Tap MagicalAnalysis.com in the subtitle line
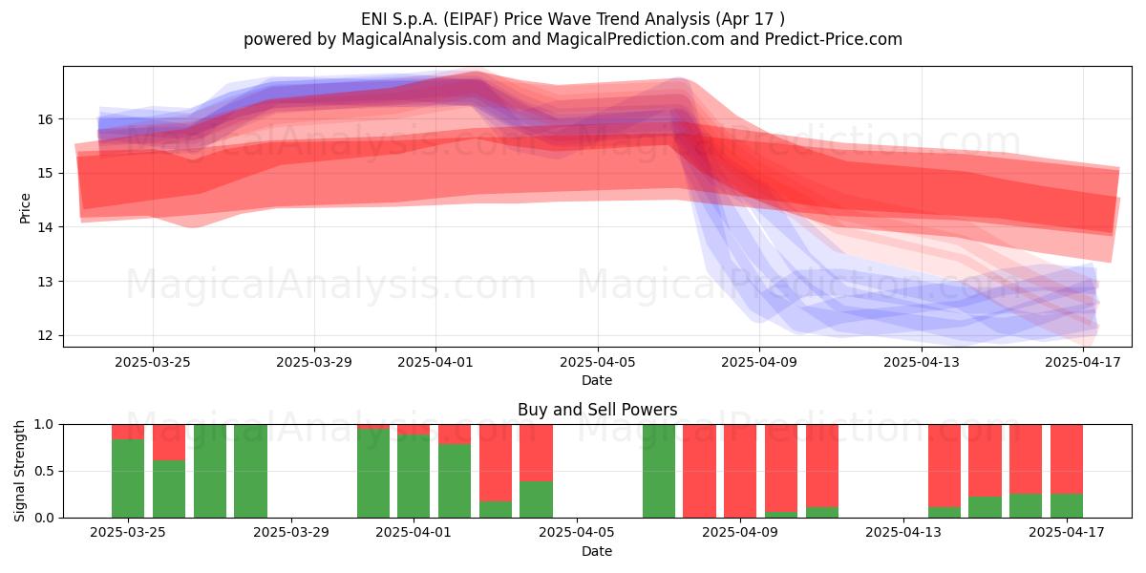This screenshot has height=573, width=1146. tap(424, 39)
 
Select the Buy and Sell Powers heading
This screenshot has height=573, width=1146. tap(597, 410)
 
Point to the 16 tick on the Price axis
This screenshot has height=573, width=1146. tap(46, 119)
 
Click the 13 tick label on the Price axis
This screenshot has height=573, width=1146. tap(46, 282)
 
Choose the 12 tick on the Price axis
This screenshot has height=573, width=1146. tap(46, 335)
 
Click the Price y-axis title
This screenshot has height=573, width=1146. tap(25, 208)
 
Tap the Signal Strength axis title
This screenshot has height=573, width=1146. tap(19, 471)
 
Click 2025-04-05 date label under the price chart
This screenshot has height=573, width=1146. tap(597, 362)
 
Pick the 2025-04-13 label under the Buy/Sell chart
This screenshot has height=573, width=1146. tap(903, 532)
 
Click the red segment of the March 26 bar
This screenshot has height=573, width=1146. tap(169, 442)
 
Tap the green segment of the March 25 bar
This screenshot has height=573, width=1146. tap(128, 478)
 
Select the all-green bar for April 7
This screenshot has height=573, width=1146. tap(659, 471)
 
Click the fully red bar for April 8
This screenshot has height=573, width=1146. tap(699, 471)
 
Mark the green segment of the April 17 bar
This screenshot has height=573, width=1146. tap(1067, 505)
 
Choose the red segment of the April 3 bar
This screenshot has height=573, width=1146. tap(496, 463)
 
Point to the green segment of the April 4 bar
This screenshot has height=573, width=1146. tap(536, 499)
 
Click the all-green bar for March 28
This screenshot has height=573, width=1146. tap(250, 471)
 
